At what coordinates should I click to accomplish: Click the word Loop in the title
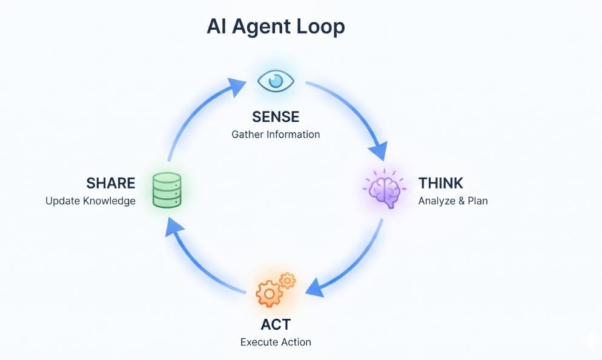[x=320, y=27]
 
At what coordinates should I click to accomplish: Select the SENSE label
[x=276, y=116]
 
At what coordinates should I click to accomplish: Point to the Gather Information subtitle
[x=276, y=134]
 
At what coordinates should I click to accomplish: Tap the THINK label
[x=440, y=183]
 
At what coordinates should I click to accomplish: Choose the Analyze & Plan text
[x=452, y=201]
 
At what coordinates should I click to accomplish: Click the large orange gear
[x=268, y=294]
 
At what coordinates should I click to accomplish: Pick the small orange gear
[x=288, y=280]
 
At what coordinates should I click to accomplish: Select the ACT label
[x=276, y=324]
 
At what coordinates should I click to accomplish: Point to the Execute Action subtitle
[x=276, y=342]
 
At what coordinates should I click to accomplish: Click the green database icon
[x=167, y=190]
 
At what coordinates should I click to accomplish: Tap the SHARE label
[x=111, y=183]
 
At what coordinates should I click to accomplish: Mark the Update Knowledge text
[x=90, y=201]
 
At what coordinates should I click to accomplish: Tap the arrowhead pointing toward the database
[x=174, y=227]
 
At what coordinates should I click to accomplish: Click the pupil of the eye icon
[x=276, y=80]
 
